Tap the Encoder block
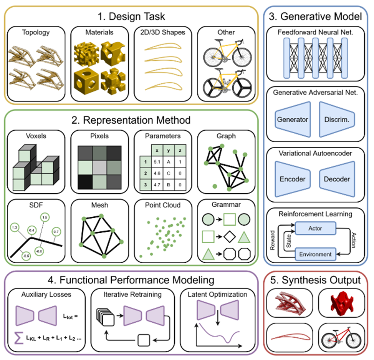292,179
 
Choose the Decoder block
337,179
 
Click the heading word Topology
35,32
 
